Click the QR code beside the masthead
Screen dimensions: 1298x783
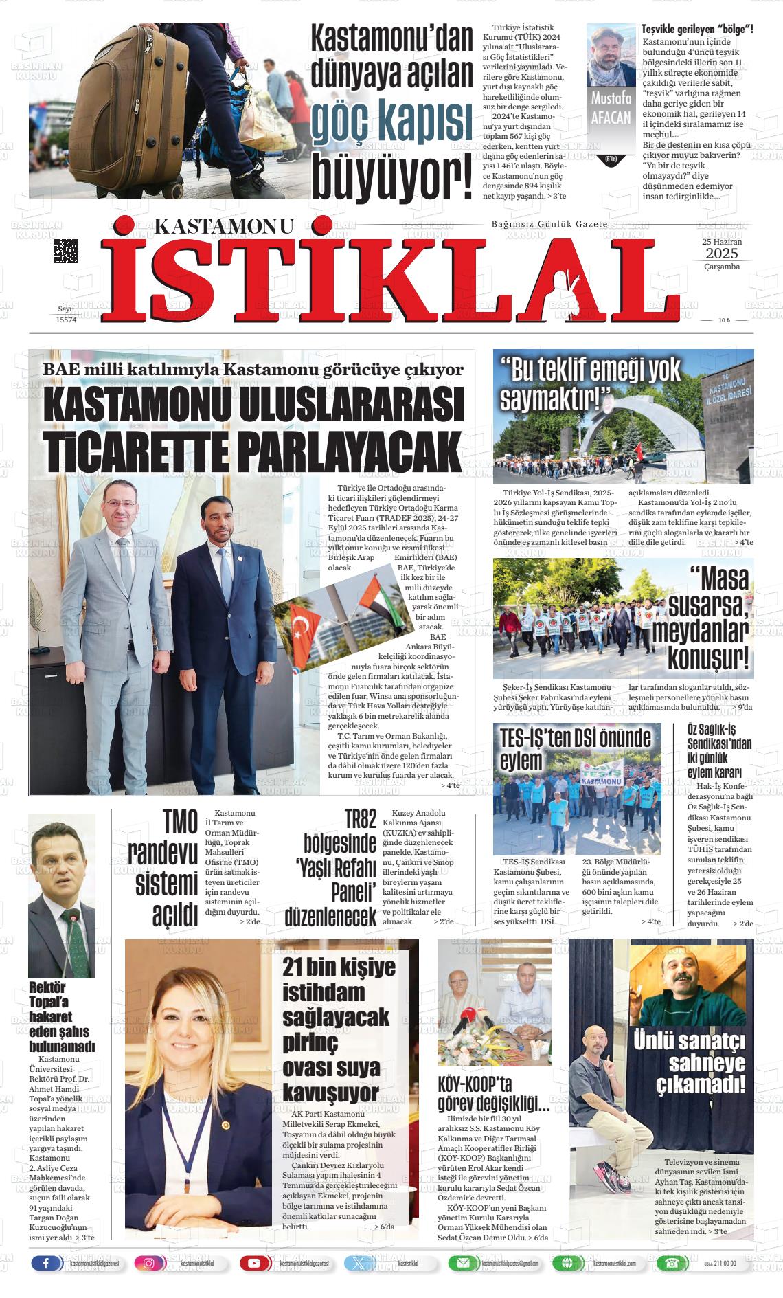[x=66, y=251]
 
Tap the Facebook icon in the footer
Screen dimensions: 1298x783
[x=46, y=1263]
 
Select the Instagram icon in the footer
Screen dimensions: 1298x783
[x=149, y=1263]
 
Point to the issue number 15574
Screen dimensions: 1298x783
[x=66, y=320]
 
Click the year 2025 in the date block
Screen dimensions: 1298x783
[x=721, y=254]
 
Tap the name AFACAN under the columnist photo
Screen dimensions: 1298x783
[x=611, y=117]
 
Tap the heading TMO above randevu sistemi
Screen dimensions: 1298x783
[x=180, y=822]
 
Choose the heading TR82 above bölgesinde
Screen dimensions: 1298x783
[x=360, y=820]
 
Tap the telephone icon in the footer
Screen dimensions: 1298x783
[x=668, y=1263]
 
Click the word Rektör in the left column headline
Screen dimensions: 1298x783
[x=47, y=987]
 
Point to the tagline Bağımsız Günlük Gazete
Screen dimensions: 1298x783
[x=549, y=225]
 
